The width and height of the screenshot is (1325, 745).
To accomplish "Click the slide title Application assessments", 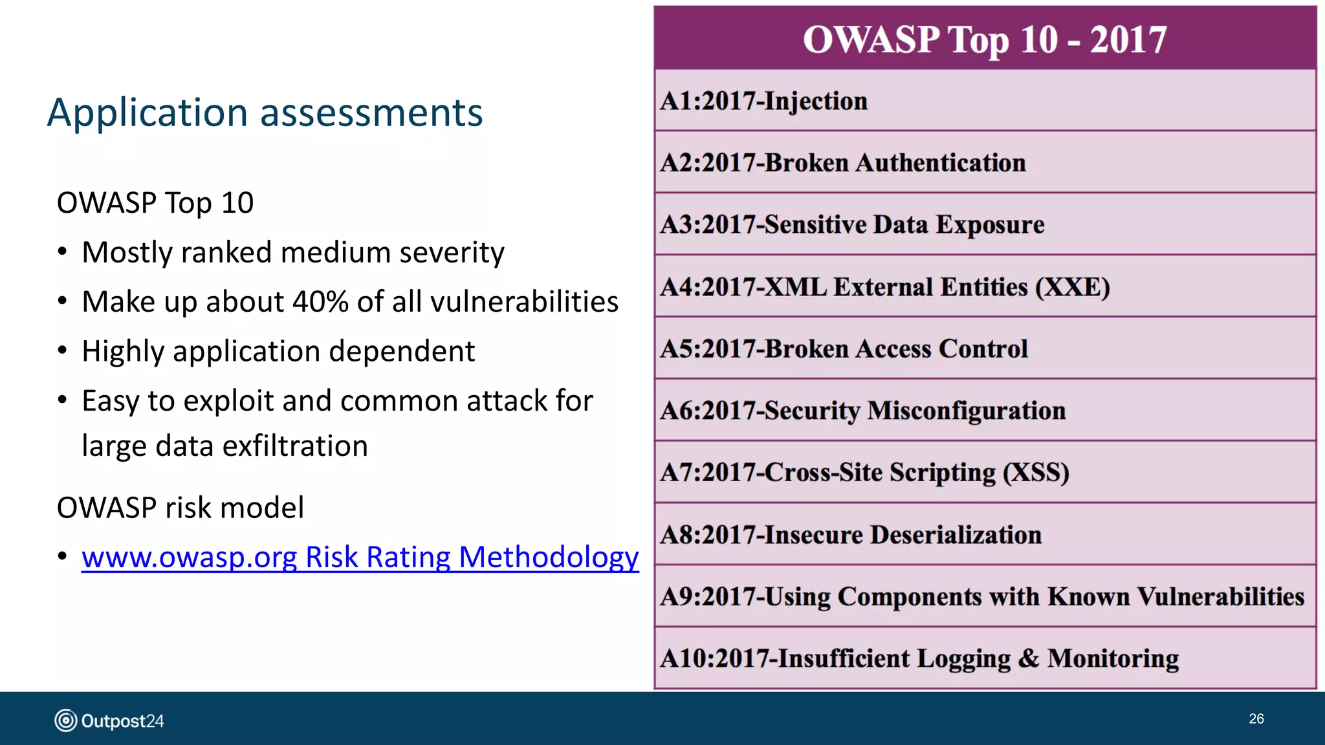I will pyautogui.click(x=265, y=113).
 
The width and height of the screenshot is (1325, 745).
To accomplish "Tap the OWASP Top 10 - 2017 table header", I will pyautogui.click(x=985, y=39).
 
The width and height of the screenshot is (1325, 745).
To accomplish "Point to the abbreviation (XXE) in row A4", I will pyautogui.click(x=1073, y=287).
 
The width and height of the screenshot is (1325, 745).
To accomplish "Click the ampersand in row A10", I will pyautogui.click(x=1029, y=658).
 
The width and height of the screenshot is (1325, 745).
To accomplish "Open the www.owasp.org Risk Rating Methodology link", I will pyautogui.click(x=360, y=557).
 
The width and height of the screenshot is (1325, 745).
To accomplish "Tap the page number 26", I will pyautogui.click(x=1256, y=719).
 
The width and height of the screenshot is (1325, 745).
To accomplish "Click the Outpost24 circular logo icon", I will pyautogui.click(x=65, y=720).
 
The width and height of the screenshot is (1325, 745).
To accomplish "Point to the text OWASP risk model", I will pyautogui.click(x=180, y=508).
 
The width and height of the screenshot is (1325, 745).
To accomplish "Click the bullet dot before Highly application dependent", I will pyautogui.click(x=62, y=351).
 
